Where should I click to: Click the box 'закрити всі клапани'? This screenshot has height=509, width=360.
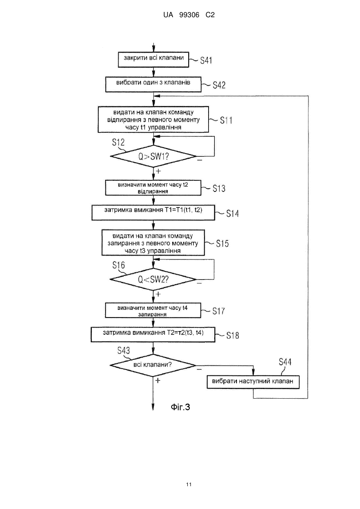point(153,60)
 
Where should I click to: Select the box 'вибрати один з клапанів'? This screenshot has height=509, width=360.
point(153,84)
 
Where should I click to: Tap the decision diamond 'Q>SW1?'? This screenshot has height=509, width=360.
point(153,156)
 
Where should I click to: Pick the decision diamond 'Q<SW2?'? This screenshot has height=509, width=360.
point(153,279)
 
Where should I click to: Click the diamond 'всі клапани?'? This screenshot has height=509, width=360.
point(153,365)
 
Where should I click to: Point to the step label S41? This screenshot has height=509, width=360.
point(206,60)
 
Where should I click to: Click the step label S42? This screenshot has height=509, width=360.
point(219,85)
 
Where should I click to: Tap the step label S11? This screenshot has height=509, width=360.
point(226,120)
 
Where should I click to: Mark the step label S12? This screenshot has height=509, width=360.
point(118,142)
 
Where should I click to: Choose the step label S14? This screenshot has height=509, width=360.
point(233,214)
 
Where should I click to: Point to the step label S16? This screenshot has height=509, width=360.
point(119,265)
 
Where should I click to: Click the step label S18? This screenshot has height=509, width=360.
point(233,335)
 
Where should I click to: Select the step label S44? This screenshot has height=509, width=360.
point(285,362)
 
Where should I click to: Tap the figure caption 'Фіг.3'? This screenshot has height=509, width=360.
point(180,407)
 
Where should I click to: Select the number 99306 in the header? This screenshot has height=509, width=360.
point(189,15)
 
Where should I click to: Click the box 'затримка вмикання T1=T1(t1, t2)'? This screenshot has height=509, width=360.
point(153,212)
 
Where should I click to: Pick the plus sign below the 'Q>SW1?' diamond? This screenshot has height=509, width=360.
point(158,171)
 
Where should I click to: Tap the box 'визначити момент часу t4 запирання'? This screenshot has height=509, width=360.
point(153,310)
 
